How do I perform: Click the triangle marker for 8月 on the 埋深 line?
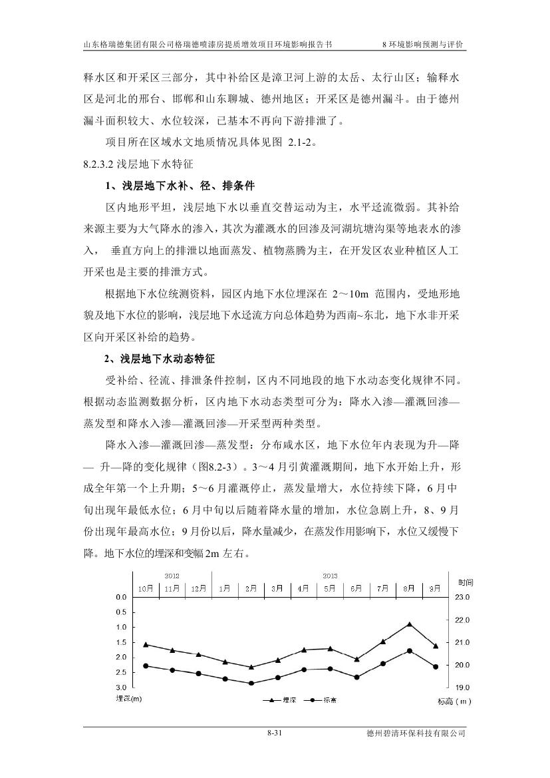coord(409,624)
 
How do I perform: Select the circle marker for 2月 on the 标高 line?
coord(251,683)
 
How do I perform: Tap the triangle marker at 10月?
coord(146,644)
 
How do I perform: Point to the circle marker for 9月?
coord(436,666)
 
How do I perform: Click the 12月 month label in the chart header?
coord(198,588)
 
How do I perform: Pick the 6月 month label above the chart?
coord(356,588)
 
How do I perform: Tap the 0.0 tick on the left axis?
coord(120,597)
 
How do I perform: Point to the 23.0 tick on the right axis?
coord(463,597)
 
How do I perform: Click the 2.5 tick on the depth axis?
coord(120,672)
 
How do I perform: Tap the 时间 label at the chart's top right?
coord(466,582)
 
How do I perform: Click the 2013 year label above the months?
coord(330,575)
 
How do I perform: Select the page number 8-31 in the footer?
coord(275,733)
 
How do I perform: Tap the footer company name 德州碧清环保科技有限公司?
coord(416,733)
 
